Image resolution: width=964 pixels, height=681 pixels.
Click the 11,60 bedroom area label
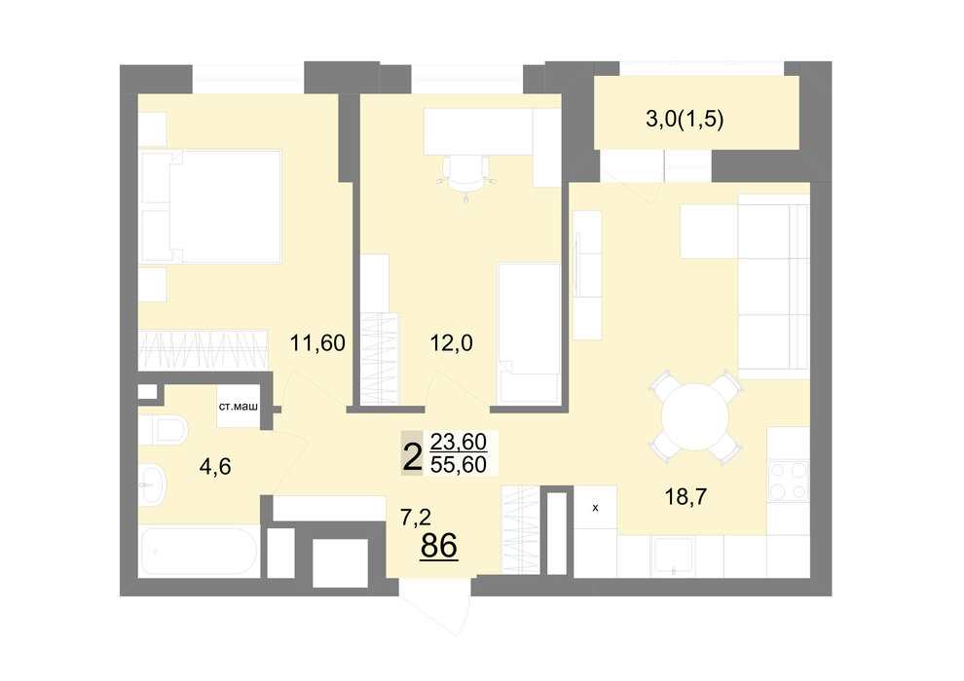pos(317,342)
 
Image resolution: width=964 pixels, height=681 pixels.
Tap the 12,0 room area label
pos(451,342)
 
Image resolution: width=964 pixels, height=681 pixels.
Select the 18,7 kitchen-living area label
pos(686,496)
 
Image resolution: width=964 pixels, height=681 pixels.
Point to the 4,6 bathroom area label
pos(215,467)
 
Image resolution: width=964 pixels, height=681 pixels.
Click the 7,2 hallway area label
pos(416,518)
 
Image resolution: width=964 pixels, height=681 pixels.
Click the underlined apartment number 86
pos(439,546)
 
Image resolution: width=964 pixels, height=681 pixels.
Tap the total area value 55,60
pos(459,465)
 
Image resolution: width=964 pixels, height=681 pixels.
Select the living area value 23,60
pos(459,442)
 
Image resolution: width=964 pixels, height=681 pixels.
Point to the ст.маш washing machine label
pos(238,407)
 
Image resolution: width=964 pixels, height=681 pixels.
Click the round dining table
pos(694,417)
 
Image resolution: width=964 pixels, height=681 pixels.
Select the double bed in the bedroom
pos(211,207)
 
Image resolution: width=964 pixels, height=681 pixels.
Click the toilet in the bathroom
pos(163,430)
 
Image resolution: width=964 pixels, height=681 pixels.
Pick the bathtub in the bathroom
pos(198,552)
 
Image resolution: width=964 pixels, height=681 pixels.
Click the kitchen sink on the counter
pos(674,556)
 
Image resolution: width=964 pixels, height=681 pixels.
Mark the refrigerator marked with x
pos(595,507)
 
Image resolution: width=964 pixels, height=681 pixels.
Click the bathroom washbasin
pos(152,485)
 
